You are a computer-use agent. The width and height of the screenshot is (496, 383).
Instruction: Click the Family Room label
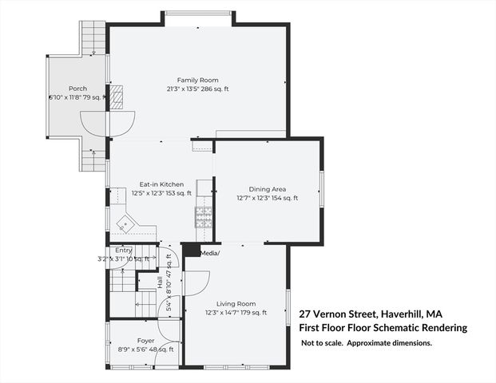pos(198,81)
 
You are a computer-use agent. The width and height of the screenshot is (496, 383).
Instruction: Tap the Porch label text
pos(77,89)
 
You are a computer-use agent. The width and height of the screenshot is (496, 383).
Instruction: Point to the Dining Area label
pos(267,189)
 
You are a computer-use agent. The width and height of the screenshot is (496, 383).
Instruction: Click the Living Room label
pos(236,303)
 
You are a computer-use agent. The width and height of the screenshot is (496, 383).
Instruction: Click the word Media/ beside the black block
pos(209,253)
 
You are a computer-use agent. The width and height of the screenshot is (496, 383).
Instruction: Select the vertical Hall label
pos(160,283)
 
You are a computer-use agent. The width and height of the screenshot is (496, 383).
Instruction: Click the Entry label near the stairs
pos(124,251)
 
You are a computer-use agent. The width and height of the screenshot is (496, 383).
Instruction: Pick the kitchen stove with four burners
pos(204,215)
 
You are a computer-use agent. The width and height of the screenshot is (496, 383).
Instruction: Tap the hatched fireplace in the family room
pos(117,97)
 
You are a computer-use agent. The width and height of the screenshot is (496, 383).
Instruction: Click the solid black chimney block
pos(191,251)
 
